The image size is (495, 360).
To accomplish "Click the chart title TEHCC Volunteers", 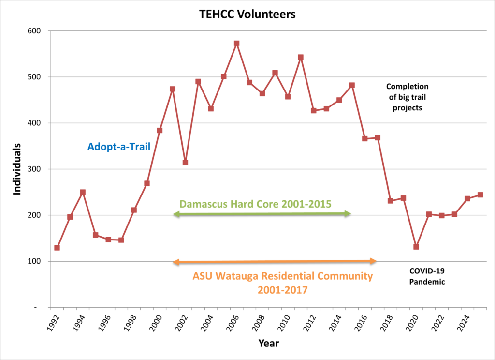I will pos(247,14).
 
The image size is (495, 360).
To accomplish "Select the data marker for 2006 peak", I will pos(236,43).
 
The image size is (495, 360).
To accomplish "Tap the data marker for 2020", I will pos(416,247).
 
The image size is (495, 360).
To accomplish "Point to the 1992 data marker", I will pos(57,248).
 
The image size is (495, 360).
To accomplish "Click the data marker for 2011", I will pos(301,57).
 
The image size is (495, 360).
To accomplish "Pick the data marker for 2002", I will pos(185,163).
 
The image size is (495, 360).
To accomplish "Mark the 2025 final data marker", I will pos(480,195).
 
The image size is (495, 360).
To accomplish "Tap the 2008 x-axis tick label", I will pos(259,321).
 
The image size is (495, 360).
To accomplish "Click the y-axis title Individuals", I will pos(17,169).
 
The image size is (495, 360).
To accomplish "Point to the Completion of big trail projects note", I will pos(407,97).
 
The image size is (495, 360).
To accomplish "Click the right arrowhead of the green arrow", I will pos(348,213).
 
